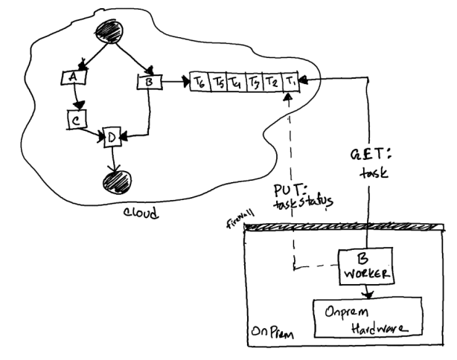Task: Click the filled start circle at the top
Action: tap(109, 33)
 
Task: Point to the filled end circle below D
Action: tap(115, 181)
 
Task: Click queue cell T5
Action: tap(218, 80)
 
